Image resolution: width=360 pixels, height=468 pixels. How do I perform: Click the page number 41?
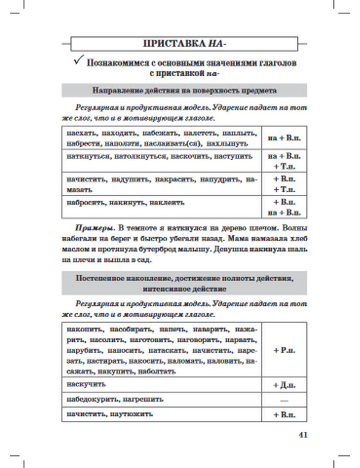[x=303, y=435]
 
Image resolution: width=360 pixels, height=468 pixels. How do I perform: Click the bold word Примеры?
[x=95, y=228]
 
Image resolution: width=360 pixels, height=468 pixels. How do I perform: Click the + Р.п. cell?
[x=284, y=350]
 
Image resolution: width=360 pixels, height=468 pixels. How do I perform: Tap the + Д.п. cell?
[x=284, y=385]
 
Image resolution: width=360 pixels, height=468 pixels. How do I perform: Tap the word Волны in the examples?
[x=295, y=228]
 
